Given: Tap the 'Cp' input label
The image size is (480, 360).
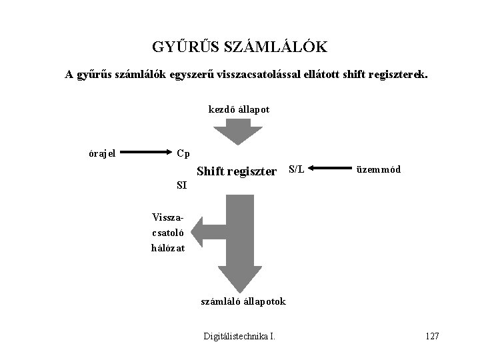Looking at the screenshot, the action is (x=183, y=153).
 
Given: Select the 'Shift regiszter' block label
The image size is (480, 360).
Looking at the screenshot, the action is (x=236, y=172).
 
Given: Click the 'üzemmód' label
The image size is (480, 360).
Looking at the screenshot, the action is (x=379, y=169).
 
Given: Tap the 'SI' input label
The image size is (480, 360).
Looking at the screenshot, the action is (x=181, y=185).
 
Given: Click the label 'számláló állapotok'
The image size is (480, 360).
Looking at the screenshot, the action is (x=243, y=301).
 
